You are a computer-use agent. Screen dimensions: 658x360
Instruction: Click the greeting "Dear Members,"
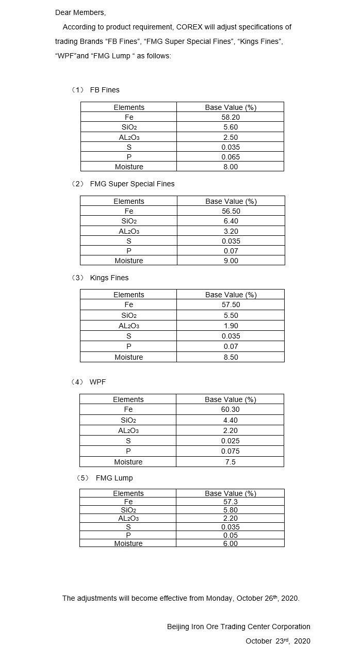point(80,12)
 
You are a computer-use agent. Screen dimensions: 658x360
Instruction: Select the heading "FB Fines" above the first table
point(104,90)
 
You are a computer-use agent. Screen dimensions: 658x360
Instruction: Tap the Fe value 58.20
point(231,117)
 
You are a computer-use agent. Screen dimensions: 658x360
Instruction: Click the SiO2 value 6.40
point(231,221)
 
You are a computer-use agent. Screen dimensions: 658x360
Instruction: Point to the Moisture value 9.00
point(231,261)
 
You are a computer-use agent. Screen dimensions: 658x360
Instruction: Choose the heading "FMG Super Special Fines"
point(132,184)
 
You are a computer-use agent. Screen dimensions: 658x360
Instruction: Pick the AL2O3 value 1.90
point(231,326)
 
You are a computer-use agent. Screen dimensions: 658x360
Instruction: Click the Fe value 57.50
point(231,304)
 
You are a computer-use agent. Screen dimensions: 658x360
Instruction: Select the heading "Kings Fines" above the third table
point(109,278)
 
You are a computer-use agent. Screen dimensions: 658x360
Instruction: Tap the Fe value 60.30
point(230,409)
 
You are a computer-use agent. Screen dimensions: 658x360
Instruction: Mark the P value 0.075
point(230,451)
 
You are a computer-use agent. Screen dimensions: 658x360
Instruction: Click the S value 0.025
point(230,441)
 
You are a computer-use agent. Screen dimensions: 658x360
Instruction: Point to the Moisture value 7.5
point(230,462)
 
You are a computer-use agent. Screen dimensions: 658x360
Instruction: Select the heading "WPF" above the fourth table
point(97,382)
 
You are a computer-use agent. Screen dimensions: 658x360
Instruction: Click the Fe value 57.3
point(230,502)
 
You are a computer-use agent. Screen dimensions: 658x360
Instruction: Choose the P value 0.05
point(230,535)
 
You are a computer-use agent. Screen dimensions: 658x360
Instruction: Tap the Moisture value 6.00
point(230,543)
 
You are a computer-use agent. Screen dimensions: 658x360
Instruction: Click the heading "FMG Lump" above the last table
point(114,478)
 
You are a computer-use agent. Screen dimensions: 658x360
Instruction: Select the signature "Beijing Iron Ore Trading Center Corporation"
point(238,627)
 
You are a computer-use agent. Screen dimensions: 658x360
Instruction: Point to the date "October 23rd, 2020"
point(277,641)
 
